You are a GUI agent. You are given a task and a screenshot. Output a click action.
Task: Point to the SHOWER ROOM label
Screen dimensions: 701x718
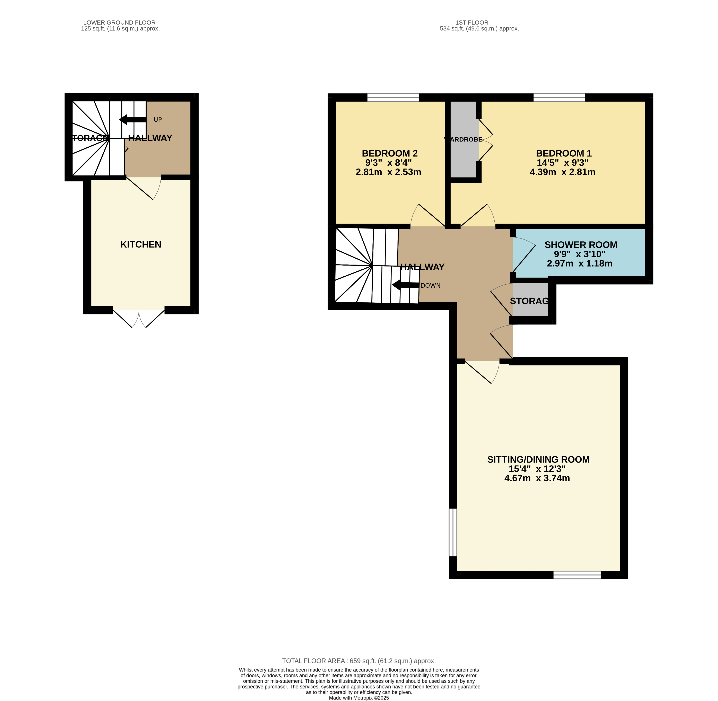(x=581, y=245)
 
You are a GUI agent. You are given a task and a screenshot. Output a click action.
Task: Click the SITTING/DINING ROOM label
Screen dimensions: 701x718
(x=538, y=459)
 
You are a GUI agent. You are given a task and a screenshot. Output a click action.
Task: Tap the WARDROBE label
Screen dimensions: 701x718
(x=463, y=140)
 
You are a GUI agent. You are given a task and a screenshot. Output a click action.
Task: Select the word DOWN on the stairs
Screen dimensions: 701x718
(x=430, y=286)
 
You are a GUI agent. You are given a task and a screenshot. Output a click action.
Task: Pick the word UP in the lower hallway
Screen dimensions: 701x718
(x=158, y=120)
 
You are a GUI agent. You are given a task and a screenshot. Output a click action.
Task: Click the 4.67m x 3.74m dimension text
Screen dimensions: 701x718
(x=537, y=478)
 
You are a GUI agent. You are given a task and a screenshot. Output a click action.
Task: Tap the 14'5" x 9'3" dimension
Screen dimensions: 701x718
(x=562, y=163)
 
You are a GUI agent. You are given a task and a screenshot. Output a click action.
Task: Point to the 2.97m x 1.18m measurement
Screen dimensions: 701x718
(x=580, y=264)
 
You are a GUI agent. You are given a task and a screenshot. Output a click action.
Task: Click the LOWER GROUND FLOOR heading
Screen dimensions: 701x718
(x=119, y=23)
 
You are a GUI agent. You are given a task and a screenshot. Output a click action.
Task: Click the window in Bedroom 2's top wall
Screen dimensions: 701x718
(x=393, y=98)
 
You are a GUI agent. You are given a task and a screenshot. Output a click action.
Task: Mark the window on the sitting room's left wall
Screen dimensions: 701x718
(x=453, y=532)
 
